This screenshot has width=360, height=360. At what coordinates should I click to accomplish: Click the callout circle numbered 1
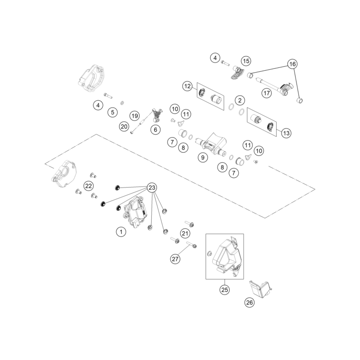(x=121, y=232)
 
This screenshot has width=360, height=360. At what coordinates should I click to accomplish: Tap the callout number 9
(x=203, y=157)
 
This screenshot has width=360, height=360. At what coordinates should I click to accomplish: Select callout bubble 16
(x=293, y=64)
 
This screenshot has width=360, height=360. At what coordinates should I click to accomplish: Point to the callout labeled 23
(x=152, y=188)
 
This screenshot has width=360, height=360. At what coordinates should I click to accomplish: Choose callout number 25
(x=224, y=290)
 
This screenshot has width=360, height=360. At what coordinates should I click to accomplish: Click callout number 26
(x=250, y=303)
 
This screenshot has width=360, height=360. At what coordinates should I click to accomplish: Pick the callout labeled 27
(x=175, y=259)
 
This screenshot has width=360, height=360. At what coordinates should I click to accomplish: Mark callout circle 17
(x=266, y=93)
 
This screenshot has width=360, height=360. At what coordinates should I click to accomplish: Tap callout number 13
(x=286, y=133)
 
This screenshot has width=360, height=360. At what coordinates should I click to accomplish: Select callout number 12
(x=188, y=86)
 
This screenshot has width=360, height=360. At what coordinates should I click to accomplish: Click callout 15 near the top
(x=246, y=61)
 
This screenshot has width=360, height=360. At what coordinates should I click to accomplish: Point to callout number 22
(x=88, y=186)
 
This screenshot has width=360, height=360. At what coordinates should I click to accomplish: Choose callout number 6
(x=156, y=130)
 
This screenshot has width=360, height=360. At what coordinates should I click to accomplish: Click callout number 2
(x=240, y=100)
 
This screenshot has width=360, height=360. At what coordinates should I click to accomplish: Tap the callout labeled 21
(x=185, y=234)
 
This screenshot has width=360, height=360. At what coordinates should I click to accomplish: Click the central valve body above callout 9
(x=211, y=145)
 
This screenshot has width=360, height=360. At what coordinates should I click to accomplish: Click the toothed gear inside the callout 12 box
(x=203, y=94)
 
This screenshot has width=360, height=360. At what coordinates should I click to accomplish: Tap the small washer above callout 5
(x=123, y=102)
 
